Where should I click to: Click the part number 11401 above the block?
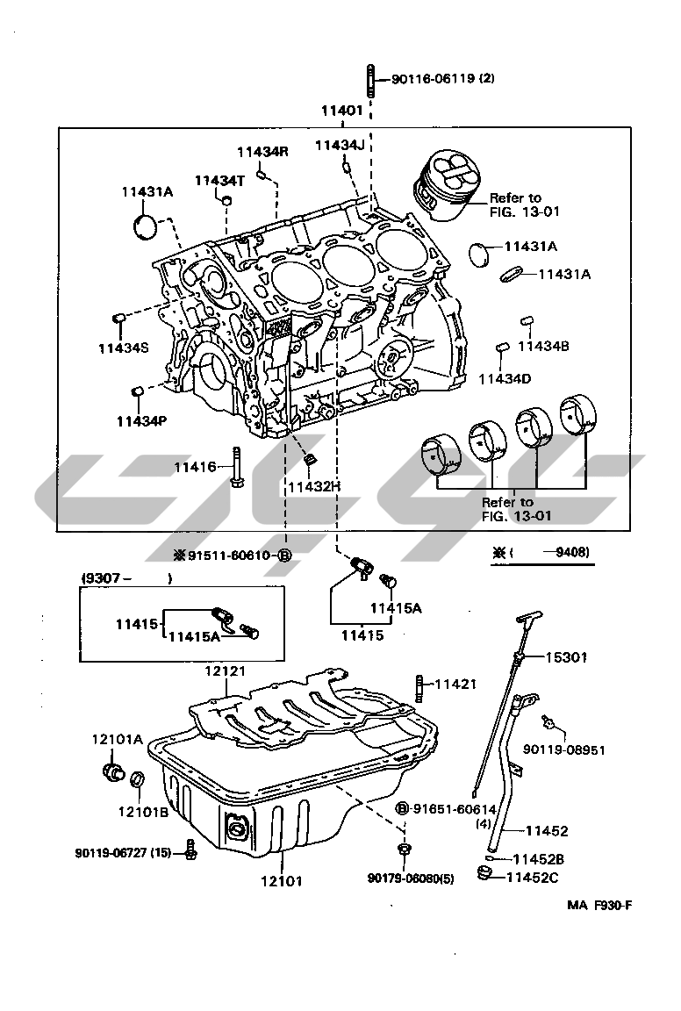point(341,111)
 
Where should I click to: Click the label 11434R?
point(262,151)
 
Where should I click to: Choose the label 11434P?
point(140,421)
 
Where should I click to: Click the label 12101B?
point(142,811)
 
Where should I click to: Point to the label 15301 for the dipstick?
point(566,656)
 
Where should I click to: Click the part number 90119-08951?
point(564,750)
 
